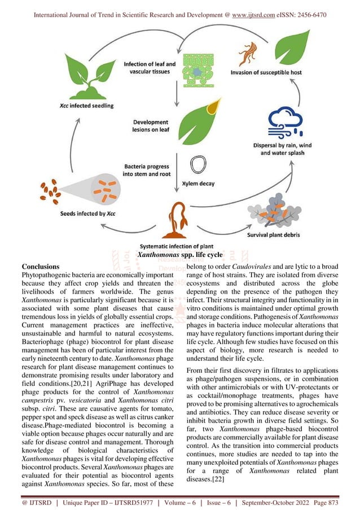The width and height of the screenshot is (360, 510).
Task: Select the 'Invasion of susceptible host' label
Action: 265,72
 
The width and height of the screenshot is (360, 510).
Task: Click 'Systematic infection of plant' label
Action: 175,246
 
